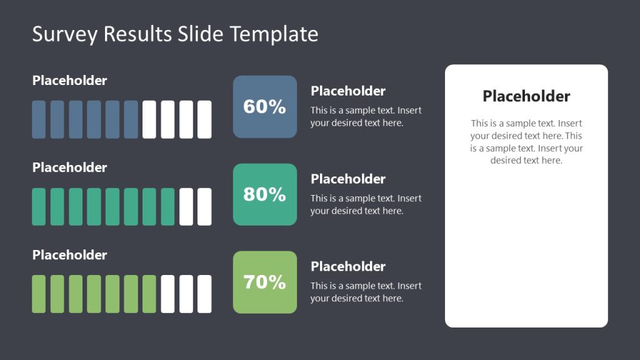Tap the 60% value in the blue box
pos(264,107)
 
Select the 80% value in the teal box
pos(264,194)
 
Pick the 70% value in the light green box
pos(264,282)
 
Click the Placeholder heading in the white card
pos(526,96)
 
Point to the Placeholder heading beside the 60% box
pos(348,91)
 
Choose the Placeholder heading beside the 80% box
pos(348,179)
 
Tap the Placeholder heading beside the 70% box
pos(348,266)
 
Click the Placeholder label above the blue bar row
pos(69,81)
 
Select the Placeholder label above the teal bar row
pos(69,167)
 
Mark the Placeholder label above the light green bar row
pos(69,255)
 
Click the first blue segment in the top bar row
pos(39,119)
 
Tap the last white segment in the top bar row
pos(204,119)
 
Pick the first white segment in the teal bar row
pos(186,207)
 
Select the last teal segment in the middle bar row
pos(167,207)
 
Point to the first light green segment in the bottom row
pos(39,294)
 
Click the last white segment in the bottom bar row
pos(204,294)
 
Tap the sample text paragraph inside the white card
pos(526,142)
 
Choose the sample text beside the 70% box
pos(366,292)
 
